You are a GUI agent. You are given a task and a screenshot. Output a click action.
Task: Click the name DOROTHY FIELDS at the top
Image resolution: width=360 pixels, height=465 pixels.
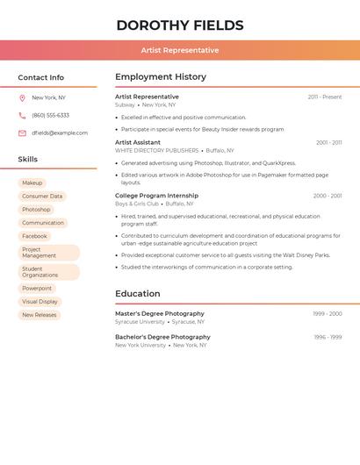point(179,25)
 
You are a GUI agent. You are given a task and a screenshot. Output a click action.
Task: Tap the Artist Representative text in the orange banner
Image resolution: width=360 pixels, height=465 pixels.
point(179,50)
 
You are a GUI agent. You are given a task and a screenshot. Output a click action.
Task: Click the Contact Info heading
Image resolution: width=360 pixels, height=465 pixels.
point(40,77)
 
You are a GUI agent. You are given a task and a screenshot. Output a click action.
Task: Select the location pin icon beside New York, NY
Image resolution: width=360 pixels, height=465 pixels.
point(22,97)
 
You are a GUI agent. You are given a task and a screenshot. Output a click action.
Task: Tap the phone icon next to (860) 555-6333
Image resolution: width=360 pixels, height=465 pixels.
point(22,115)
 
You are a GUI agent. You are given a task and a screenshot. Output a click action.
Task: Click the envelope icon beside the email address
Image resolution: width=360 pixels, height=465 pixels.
point(22,132)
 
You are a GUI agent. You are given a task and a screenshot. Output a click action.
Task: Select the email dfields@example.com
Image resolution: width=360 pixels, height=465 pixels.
point(60,132)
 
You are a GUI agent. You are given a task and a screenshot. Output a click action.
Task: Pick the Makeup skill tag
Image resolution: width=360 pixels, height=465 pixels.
point(32,182)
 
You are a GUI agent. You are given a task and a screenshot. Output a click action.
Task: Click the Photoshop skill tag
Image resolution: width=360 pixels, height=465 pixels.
point(36,210)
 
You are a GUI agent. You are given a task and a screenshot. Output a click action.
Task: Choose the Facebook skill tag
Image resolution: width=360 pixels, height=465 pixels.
point(34,236)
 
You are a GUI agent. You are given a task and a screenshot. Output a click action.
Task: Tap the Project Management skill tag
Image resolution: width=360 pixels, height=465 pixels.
point(48,253)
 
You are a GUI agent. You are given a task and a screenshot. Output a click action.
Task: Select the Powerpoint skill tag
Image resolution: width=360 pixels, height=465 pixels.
point(37,288)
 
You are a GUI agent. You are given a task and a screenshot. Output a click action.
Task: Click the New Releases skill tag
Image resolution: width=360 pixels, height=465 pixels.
point(39,314)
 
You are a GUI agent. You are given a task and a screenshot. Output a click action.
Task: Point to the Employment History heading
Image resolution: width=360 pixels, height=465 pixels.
point(161,77)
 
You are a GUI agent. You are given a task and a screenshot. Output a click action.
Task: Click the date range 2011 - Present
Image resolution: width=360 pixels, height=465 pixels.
point(324,97)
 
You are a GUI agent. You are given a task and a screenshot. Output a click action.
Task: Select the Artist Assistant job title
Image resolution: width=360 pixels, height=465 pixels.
point(138,142)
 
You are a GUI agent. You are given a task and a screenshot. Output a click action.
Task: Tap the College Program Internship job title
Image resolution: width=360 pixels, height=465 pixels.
point(156,196)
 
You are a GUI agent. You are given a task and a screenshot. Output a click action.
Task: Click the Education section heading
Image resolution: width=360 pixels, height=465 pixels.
point(138,294)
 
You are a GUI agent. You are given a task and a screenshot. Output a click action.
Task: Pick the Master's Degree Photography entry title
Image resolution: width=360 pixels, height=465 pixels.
point(160,313)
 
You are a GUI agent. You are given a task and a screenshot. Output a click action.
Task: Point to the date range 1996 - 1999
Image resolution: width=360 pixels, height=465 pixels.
point(328,337)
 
